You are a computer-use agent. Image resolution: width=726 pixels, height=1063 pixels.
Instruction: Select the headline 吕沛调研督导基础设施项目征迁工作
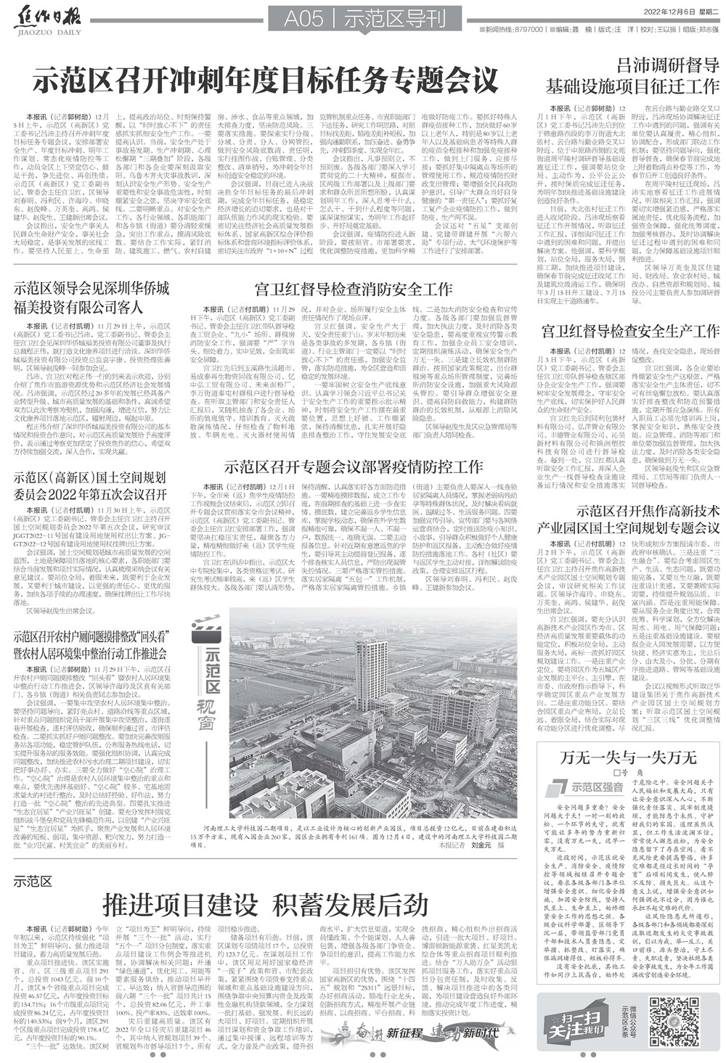pos(632,75)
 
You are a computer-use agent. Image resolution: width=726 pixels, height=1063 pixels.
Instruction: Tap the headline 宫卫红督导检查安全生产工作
pos(630,332)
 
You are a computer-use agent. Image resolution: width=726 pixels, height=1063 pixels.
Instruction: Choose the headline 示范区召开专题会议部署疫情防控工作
pos(354,466)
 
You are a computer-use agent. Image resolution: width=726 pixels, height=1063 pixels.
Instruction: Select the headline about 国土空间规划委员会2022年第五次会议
pos(91,486)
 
